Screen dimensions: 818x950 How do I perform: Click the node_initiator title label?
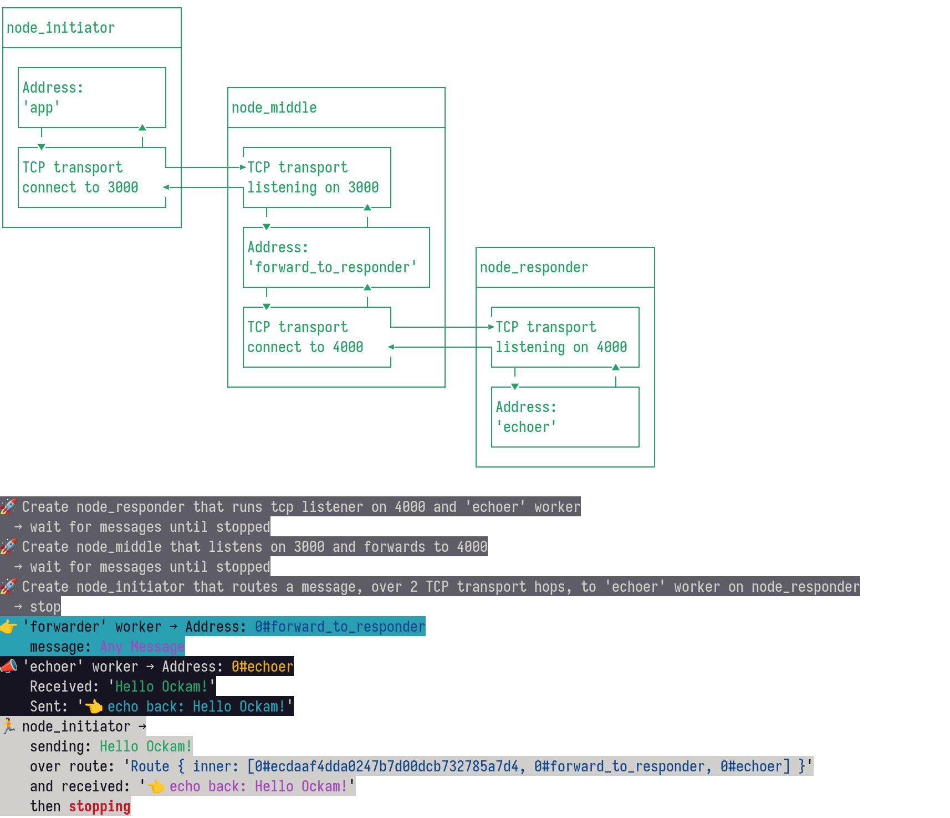click(60, 28)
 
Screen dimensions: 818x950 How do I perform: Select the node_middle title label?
click(274, 108)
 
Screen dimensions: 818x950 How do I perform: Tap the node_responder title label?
click(534, 267)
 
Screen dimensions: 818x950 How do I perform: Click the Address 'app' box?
click(91, 98)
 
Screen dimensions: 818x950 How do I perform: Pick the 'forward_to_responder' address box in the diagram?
click(336, 257)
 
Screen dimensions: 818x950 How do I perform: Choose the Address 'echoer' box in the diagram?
click(565, 417)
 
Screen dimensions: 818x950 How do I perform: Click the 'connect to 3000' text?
click(80, 187)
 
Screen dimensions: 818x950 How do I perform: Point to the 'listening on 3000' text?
click(313, 187)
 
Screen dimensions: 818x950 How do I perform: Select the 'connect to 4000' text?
click(305, 347)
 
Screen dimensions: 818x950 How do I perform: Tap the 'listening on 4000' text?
click(561, 347)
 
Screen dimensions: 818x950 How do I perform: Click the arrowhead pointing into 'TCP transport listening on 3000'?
click(243, 167)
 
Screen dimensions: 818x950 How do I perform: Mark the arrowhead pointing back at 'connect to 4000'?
click(391, 347)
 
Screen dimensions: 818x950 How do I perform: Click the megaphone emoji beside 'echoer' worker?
click(9, 666)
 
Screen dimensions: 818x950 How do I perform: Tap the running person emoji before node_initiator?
click(9, 726)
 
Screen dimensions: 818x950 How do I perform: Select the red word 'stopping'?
click(99, 806)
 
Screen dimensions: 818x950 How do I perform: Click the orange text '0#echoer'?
click(262, 667)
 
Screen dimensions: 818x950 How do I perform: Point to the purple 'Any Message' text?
click(142, 647)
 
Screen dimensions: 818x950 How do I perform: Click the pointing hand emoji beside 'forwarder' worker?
click(9, 627)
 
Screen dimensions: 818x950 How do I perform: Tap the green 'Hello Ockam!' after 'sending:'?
click(146, 746)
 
